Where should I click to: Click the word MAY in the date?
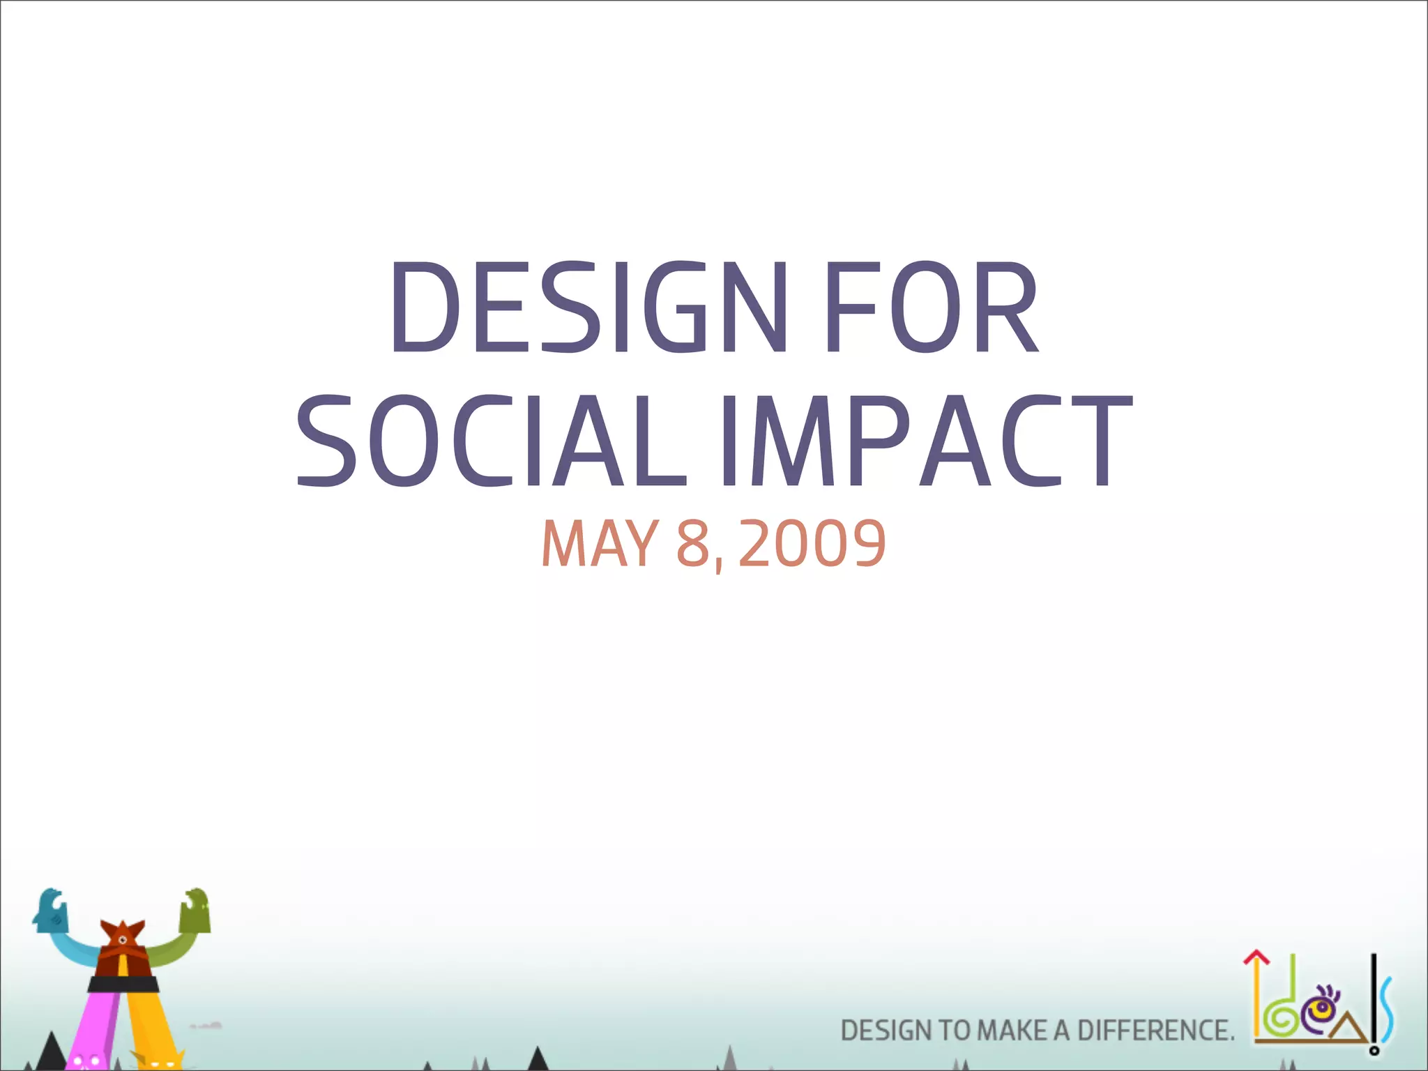599,544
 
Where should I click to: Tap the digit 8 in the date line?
692,544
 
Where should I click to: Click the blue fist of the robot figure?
51,911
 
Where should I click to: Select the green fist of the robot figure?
195,911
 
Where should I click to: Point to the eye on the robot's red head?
123,941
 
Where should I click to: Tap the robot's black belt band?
123,984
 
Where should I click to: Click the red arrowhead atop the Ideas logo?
1256,958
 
